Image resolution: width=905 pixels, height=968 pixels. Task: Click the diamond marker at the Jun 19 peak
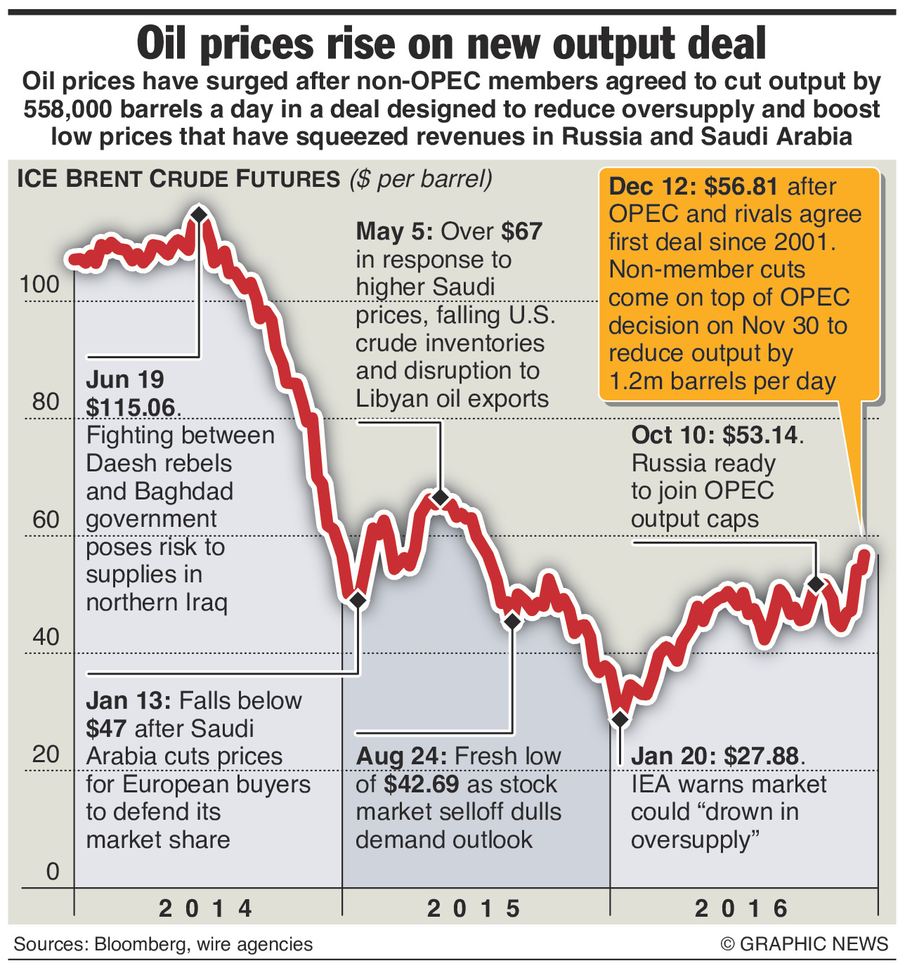click(x=199, y=214)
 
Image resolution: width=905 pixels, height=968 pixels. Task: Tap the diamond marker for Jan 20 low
click(x=620, y=720)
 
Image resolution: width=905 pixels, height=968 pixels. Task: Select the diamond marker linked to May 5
click(x=441, y=498)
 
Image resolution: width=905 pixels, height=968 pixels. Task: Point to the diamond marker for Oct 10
click(x=816, y=584)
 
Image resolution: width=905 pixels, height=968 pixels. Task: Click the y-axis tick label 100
click(x=40, y=284)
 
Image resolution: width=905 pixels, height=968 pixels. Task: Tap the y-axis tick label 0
click(x=53, y=872)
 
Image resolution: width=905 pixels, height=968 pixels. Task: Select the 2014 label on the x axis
click(x=206, y=908)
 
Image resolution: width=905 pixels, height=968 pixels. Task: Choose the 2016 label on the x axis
click(x=742, y=908)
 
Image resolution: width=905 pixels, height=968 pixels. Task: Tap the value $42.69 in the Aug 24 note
click(x=421, y=784)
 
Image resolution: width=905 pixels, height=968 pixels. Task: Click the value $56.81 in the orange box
click(x=741, y=186)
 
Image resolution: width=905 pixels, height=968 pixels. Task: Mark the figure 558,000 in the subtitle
click(x=69, y=110)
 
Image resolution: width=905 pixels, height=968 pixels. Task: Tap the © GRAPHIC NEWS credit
click(x=805, y=944)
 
